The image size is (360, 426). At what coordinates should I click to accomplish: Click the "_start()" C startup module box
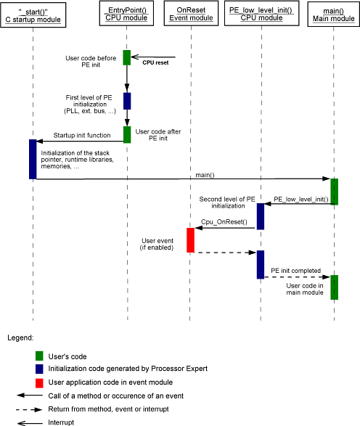pyautogui.click(x=33, y=15)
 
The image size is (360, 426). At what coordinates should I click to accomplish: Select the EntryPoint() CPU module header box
pyautogui.click(x=126, y=13)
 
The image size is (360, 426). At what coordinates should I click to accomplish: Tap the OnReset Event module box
pyautogui.click(x=191, y=13)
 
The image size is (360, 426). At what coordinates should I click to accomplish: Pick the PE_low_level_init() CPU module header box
pyautogui.click(x=261, y=13)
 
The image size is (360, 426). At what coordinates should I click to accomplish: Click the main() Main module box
pyautogui.click(x=334, y=14)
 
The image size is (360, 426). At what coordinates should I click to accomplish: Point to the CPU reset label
pyautogui.click(x=155, y=62)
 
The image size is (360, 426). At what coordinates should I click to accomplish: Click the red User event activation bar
pyautogui.click(x=190, y=240)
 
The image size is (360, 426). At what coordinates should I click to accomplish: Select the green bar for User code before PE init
pyautogui.click(x=126, y=57)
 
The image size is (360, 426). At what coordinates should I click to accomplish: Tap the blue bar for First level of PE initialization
pyautogui.click(x=127, y=101)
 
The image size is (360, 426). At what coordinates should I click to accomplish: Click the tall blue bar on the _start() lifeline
pyautogui.click(x=33, y=159)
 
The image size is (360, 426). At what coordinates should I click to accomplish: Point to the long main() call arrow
pyautogui.click(x=184, y=179)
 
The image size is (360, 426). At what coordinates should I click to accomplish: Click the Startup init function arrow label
pyautogui.click(x=82, y=135)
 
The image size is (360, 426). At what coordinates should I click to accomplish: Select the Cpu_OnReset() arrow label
pyautogui.click(x=224, y=222)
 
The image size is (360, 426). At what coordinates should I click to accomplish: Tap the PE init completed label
pyautogui.click(x=296, y=271)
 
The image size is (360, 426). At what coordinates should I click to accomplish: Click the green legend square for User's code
pyautogui.click(x=39, y=356)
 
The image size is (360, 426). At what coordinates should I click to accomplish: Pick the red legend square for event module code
pyautogui.click(x=39, y=383)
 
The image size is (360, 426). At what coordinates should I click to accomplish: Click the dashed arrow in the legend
pyautogui.click(x=29, y=409)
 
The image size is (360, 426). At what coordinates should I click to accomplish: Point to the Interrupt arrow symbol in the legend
pyautogui.click(x=30, y=423)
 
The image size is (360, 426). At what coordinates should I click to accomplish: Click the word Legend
pyautogui.click(x=20, y=338)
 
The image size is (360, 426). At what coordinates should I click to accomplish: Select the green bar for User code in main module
pyautogui.click(x=334, y=287)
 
